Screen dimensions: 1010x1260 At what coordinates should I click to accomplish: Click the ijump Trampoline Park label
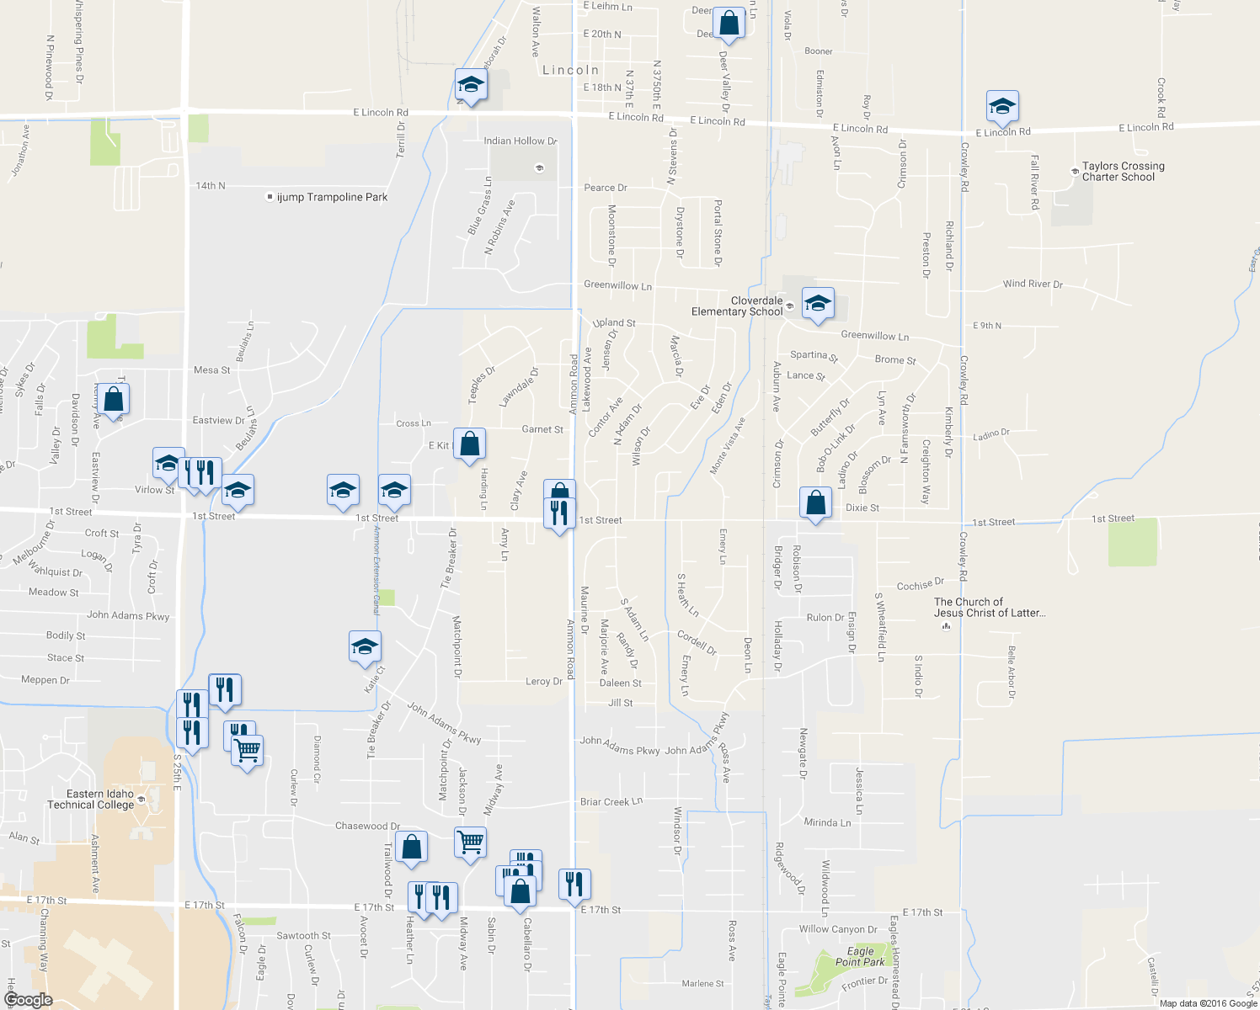point(332,197)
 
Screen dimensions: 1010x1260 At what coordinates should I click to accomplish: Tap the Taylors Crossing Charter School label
point(1123,172)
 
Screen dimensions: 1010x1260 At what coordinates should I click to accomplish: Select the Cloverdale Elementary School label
point(737,306)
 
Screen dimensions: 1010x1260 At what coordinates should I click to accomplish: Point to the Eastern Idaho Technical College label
point(100,800)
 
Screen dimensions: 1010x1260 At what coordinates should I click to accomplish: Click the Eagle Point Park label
point(860,957)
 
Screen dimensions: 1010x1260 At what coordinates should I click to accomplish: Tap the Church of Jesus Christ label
point(989,608)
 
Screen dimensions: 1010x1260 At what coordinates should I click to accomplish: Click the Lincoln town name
point(570,71)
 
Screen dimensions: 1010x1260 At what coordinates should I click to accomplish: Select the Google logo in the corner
point(28,1000)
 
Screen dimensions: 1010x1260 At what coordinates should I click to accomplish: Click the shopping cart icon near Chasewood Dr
point(470,842)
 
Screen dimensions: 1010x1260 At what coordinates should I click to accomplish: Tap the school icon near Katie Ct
point(365,646)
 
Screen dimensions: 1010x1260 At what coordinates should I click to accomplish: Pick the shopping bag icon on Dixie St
point(815,503)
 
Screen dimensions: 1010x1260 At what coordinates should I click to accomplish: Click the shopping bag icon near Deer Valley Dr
point(729,24)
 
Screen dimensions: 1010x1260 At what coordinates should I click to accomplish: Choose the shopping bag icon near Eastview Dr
point(113,401)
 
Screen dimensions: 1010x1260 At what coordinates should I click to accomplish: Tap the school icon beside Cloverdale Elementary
point(817,303)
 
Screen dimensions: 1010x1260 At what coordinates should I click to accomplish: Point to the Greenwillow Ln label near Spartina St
point(874,336)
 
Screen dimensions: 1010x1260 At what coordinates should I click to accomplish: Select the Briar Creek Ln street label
point(611,802)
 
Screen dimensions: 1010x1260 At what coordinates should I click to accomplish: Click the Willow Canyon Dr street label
point(838,929)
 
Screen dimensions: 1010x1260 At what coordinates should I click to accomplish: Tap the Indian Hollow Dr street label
point(520,141)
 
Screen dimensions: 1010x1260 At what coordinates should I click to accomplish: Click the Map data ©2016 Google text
point(1208,1002)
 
